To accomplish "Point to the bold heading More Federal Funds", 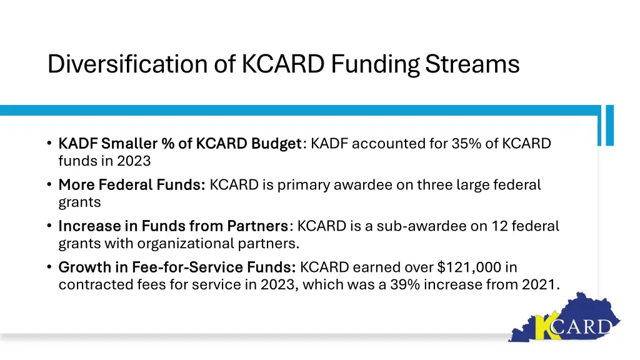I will coord(132,185).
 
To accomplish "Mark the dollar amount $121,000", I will coord(469,267).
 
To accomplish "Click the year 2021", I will coord(539,284).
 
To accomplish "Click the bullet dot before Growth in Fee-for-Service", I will coord(49,267).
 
